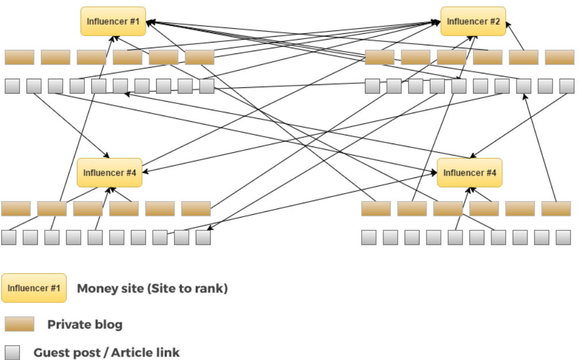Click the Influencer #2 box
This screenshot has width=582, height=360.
point(473,22)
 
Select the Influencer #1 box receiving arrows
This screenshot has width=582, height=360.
point(113,22)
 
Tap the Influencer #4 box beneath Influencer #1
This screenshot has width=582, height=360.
point(109,173)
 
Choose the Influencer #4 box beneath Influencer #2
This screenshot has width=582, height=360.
point(470,173)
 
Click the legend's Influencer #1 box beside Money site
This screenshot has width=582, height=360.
point(34,288)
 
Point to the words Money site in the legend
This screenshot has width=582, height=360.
point(101,288)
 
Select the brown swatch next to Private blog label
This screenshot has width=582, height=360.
point(20,324)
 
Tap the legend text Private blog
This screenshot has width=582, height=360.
point(85,324)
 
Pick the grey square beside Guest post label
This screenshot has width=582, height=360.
point(12,352)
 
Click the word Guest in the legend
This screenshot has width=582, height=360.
point(48,352)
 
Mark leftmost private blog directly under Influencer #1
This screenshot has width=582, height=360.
point(20,57)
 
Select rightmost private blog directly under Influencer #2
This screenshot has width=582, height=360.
point(559,57)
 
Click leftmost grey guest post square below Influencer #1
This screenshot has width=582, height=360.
point(12,86)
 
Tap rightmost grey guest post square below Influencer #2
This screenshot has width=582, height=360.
point(567,86)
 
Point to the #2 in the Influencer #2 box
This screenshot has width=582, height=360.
point(494,22)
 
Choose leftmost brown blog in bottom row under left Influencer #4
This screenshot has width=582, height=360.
point(15,208)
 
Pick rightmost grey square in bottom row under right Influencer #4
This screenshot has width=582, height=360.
point(563,237)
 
